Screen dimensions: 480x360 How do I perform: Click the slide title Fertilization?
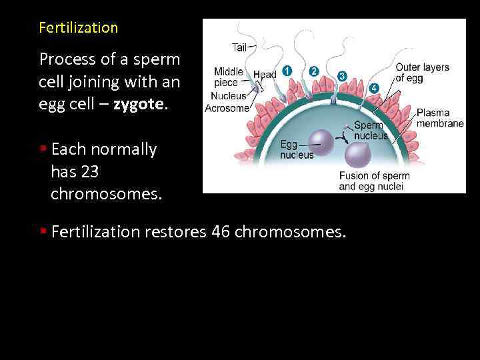pos(78,28)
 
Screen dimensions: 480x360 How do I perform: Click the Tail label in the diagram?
pos(239,47)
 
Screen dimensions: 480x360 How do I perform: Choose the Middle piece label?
pos(227,77)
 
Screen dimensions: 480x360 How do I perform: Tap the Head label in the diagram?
pos(265,75)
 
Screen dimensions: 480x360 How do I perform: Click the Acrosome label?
pos(227,108)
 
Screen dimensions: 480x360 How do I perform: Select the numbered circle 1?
pos(287,69)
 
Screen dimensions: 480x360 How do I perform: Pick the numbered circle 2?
pos(314,71)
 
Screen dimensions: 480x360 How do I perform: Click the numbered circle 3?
pos(342,75)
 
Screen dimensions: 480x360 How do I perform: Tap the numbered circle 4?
pos(374,87)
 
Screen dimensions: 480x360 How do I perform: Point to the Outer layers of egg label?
pos(422,72)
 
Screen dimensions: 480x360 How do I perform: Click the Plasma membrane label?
pos(439,118)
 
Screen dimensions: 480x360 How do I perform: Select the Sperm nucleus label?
pos(371,130)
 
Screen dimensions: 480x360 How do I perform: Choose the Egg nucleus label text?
pos(296,149)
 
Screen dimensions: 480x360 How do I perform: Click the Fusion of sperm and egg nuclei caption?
pos(374,181)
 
